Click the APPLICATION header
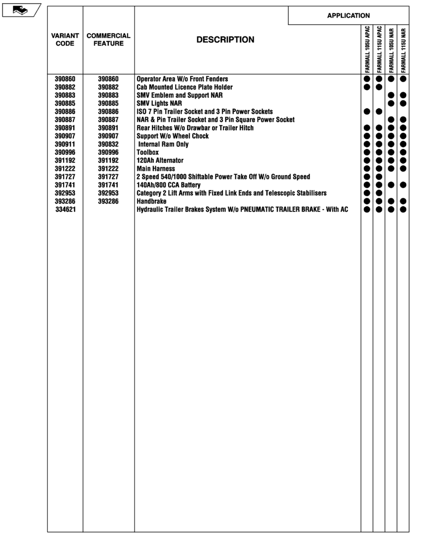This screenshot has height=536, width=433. click(x=348, y=16)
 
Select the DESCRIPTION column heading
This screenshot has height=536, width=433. click(x=225, y=40)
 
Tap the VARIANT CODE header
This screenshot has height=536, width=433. click(x=65, y=40)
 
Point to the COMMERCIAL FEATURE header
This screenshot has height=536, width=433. click(x=108, y=40)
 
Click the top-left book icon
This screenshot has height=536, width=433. click(x=20, y=10)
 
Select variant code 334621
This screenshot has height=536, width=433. click(x=65, y=210)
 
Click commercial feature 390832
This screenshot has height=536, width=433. click(x=108, y=144)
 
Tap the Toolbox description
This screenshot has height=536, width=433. click(x=148, y=152)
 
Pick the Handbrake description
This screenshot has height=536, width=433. click(x=152, y=202)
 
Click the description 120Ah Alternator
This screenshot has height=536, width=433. click(x=160, y=160)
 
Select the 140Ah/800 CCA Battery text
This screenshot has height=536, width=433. click(x=169, y=185)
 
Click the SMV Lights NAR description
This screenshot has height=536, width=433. click(x=159, y=103)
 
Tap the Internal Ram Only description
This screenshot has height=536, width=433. click(x=163, y=144)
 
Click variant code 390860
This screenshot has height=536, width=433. click(x=65, y=79)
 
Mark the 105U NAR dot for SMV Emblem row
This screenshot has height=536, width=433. click(x=391, y=95)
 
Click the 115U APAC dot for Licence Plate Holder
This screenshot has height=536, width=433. click(x=379, y=87)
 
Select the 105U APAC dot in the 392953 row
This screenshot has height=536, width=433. click(x=367, y=193)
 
